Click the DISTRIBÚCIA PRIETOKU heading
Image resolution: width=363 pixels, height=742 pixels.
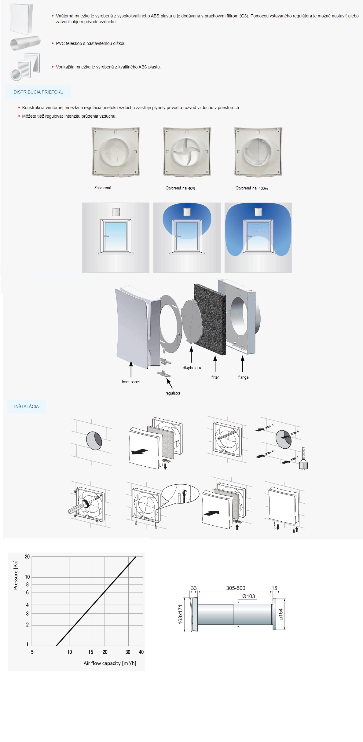coord(38,92)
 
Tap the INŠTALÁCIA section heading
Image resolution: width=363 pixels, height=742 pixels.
coord(27,406)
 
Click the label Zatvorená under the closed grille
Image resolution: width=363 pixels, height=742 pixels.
coord(103,188)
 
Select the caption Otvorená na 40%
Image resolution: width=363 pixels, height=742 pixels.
coord(180,188)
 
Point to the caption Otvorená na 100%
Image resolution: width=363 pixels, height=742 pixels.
coord(251,188)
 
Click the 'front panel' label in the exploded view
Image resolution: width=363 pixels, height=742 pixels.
coord(130,382)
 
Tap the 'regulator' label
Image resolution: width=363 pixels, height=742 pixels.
coord(173,393)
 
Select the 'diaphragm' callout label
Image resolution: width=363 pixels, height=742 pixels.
coord(192,368)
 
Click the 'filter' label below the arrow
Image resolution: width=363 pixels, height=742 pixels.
coord(215,377)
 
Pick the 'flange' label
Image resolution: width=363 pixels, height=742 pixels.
coord(243,377)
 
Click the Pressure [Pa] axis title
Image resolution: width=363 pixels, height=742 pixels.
coord(16,575)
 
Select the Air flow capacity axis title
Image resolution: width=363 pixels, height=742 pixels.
coord(110,663)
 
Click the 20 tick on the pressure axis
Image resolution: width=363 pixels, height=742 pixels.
coord(27,556)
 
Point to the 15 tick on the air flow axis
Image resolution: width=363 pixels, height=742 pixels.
coord(91,652)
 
